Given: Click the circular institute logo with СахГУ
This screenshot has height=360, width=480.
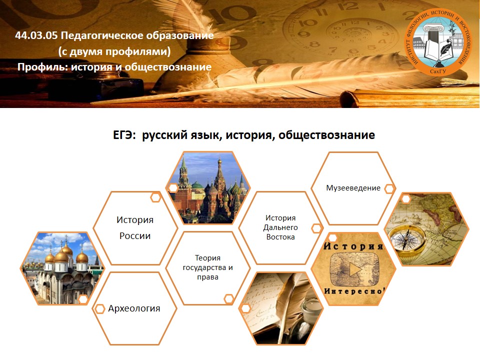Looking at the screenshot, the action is point(438,42).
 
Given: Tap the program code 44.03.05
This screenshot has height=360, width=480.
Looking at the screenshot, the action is point(36,35).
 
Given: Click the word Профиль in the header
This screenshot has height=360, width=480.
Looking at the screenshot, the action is point(41,67).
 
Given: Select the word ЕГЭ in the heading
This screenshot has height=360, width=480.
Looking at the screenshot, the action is point(123,135).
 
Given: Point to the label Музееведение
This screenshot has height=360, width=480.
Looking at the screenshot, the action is point(353,188).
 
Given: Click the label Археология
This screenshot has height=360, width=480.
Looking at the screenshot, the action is point(134,308).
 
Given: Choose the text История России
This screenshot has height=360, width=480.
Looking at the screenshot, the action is point(135,228).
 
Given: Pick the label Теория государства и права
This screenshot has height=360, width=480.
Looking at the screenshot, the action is point(208,267).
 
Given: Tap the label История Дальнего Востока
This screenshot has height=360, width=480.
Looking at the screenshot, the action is point(280,227).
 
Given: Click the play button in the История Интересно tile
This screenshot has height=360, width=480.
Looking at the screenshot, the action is point(355,269).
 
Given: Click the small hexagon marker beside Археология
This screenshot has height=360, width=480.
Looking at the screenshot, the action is point(99,309).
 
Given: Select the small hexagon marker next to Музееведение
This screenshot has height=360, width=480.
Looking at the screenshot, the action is point(389,189).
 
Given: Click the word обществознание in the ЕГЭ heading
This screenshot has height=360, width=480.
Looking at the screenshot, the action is point(326,135).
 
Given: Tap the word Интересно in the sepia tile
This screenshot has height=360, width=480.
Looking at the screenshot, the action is point(354,291).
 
